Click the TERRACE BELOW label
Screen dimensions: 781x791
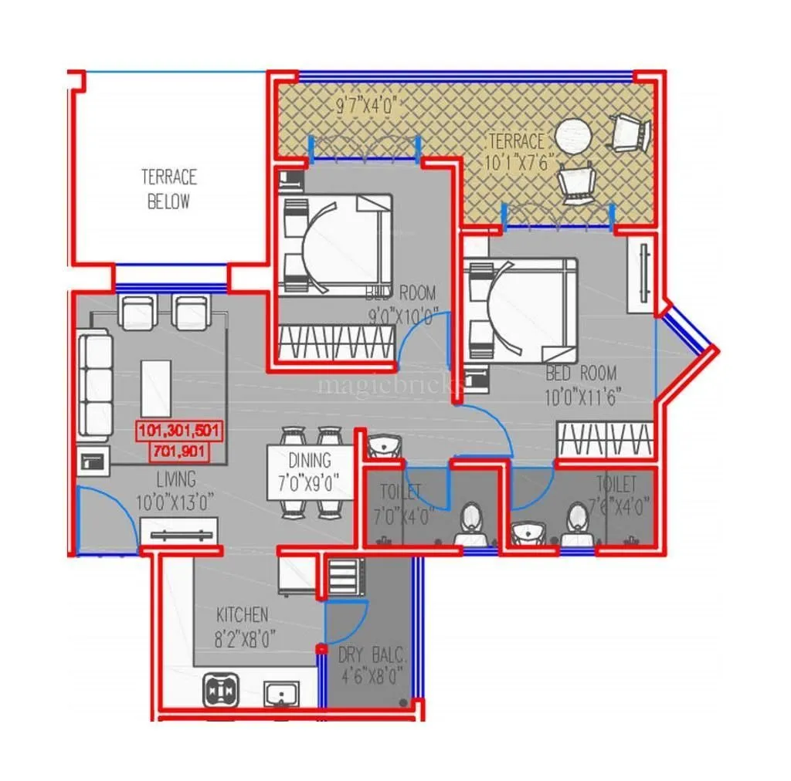(x=168, y=189)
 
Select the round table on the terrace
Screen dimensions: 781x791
(x=574, y=135)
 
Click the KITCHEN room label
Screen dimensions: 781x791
(x=242, y=615)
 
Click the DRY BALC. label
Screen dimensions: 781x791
(x=372, y=657)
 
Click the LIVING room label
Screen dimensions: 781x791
(x=175, y=479)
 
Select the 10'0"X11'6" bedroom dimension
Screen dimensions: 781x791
(x=581, y=397)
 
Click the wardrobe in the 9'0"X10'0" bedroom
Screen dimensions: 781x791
(x=336, y=341)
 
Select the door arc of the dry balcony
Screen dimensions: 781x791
(x=345, y=622)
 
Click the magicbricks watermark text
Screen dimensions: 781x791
(x=390, y=384)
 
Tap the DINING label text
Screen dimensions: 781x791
(x=310, y=461)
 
